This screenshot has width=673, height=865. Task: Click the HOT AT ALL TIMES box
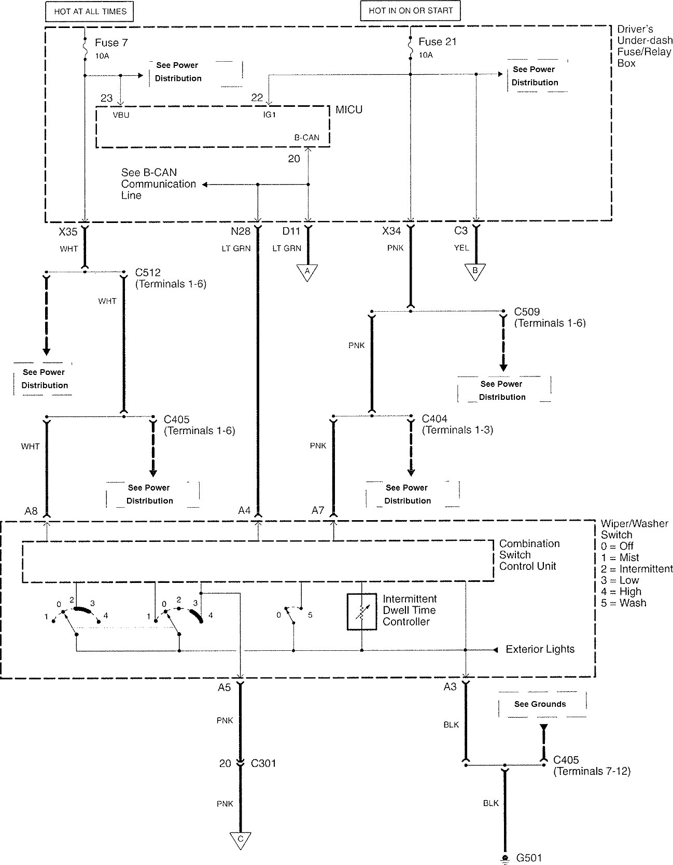90,11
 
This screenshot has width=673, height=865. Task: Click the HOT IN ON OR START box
410,10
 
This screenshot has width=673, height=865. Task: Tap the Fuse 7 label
111,43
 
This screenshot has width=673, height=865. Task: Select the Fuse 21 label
437,42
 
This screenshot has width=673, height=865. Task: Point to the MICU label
349,110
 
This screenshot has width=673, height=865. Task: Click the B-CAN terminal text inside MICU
306,138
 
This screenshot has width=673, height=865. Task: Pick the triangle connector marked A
307,272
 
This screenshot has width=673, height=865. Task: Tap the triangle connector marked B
475,271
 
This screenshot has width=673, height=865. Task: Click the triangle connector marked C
241,840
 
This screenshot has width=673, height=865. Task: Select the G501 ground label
529,858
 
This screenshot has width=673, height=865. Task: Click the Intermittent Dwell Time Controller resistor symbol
361,612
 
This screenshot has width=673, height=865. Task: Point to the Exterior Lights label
540,649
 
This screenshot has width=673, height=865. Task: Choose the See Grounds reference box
540,704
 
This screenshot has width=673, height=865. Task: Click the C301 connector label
263,763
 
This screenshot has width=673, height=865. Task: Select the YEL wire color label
461,248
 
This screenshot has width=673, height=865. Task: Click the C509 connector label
527,312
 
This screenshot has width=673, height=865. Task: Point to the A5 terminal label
224,688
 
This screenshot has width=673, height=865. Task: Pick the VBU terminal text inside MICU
121,115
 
